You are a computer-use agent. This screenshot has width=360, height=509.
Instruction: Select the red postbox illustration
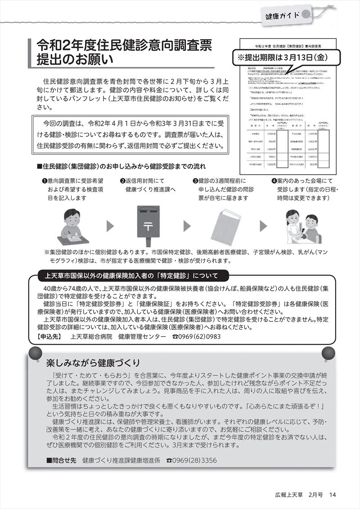147,225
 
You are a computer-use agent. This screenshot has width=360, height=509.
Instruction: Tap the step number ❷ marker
122,181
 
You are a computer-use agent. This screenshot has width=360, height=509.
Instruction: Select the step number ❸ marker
195,181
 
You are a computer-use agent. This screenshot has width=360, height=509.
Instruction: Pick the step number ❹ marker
274,181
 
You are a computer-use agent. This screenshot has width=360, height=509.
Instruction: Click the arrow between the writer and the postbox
110,225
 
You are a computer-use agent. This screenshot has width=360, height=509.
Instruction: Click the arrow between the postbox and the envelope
187,225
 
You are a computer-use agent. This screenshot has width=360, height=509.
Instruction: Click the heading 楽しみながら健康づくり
93,362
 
